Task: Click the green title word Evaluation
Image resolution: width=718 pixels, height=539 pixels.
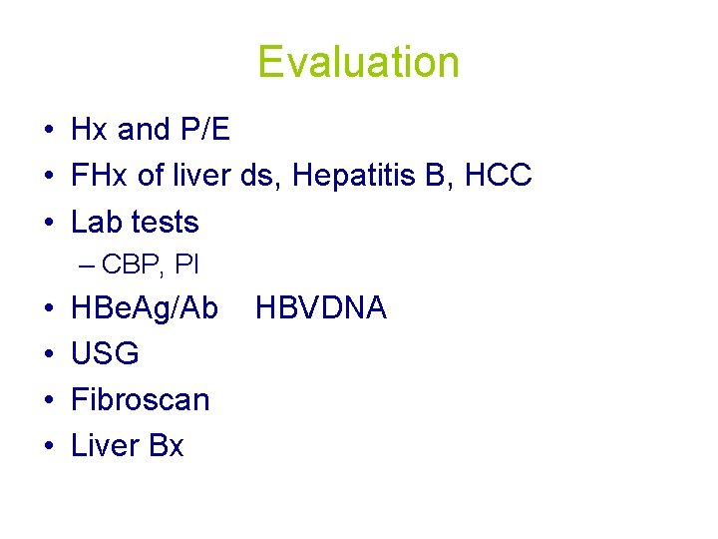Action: (358, 62)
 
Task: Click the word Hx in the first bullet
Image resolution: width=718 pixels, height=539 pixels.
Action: (90, 130)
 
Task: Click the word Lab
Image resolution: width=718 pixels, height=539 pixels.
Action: (98, 222)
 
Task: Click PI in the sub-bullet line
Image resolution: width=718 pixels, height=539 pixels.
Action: (186, 266)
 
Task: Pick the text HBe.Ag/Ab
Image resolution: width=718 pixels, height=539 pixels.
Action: (145, 308)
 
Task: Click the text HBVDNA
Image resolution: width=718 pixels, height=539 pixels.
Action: (320, 308)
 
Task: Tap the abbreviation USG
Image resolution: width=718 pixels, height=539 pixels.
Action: (105, 353)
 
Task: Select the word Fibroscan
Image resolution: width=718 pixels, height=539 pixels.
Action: (141, 399)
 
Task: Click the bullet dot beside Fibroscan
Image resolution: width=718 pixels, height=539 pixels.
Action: (47, 400)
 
